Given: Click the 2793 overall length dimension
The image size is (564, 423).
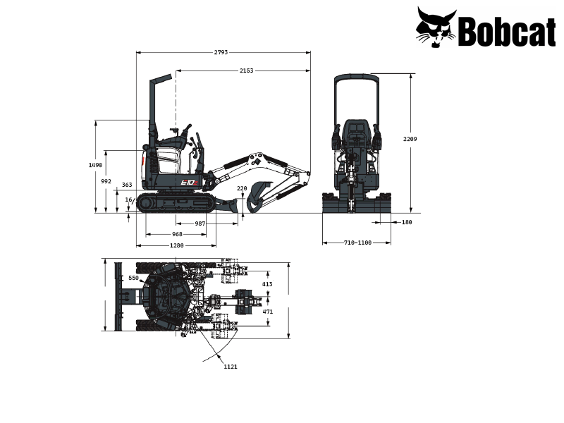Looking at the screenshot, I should pyautogui.click(x=222, y=52).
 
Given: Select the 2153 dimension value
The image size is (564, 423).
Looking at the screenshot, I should pyautogui.click(x=246, y=70).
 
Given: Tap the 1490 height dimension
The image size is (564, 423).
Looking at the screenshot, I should pyautogui.click(x=95, y=165).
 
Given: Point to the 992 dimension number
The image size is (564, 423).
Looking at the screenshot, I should pyautogui.click(x=106, y=181).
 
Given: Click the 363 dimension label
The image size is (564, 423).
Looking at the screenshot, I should pyautogui.click(x=127, y=185).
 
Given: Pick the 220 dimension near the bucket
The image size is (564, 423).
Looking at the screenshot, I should pyautogui.click(x=242, y=188).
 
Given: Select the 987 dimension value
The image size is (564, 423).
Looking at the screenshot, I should pyautogui.click(x=200, y=223).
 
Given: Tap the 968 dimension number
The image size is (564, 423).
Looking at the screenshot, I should pyautogui.click(x=177, y=234).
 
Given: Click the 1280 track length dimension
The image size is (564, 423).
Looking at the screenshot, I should pyautogui.click(x=176, y=245).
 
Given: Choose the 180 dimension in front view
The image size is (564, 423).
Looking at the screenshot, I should pyautogui.click(x=406, y=222).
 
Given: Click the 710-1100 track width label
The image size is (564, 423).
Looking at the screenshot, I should pyautogui.click(x=357, y=243).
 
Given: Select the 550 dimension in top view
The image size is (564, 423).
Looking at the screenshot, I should pyautogui.click(x=133, y=278).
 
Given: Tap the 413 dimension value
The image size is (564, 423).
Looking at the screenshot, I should pyautogui.click(x=267, y=284).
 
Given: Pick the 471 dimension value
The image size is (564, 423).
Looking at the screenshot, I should pyautogui.click(x=267, y=311).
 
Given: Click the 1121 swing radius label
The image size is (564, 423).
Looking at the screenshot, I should pyautogui.click(x=230, y=367).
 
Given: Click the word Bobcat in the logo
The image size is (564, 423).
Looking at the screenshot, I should pyautogui.click(x=507, y=31).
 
